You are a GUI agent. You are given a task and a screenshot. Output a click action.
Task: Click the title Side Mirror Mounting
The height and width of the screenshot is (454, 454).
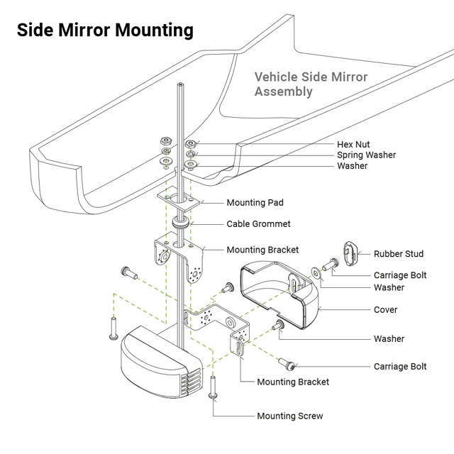click(105, 31)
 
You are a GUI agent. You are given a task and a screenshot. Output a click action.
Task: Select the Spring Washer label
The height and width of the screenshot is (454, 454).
click(366, 155)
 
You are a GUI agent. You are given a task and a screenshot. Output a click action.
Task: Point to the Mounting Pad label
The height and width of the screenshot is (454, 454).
click(255, 203)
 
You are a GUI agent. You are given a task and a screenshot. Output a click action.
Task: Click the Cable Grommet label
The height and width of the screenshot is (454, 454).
click(258, 224)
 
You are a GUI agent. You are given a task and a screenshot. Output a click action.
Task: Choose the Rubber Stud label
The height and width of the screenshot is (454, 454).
click(399, 253)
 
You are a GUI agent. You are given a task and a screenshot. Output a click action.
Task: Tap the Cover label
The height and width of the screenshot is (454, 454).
click(386, 310)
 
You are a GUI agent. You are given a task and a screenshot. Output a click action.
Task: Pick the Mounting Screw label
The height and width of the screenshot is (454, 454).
click(289, 416)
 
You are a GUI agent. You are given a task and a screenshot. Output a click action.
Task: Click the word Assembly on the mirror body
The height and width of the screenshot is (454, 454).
click(283, 92)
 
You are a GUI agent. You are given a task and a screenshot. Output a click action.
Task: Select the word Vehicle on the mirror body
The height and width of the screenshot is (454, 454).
click(275, 77)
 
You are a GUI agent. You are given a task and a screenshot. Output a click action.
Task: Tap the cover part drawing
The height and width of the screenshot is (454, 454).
click(280, 291)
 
